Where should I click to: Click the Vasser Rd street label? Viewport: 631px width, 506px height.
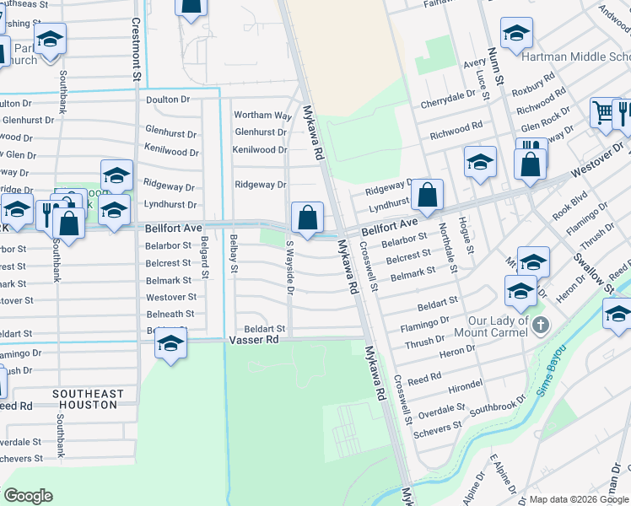(254, 340)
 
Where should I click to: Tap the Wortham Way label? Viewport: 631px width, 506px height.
(262, 115)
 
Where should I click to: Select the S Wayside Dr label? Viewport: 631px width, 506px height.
(289, 268)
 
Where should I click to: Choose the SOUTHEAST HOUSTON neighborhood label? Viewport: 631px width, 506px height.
(87, 400)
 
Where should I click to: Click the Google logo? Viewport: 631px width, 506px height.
(28, 496)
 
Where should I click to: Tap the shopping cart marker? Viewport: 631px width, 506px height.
(602, 113)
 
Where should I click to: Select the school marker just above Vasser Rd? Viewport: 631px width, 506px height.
(170, 345)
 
